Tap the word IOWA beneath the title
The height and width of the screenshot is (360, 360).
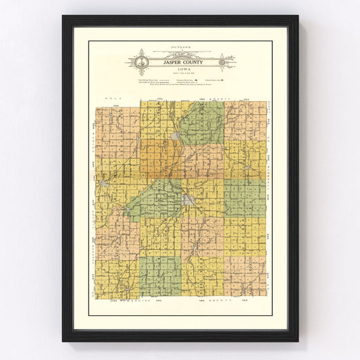[180, 69]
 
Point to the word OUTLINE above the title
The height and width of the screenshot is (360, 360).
[180, 49]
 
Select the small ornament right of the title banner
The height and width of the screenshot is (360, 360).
[221, 63]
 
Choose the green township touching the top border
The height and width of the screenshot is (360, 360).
[203, 122]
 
